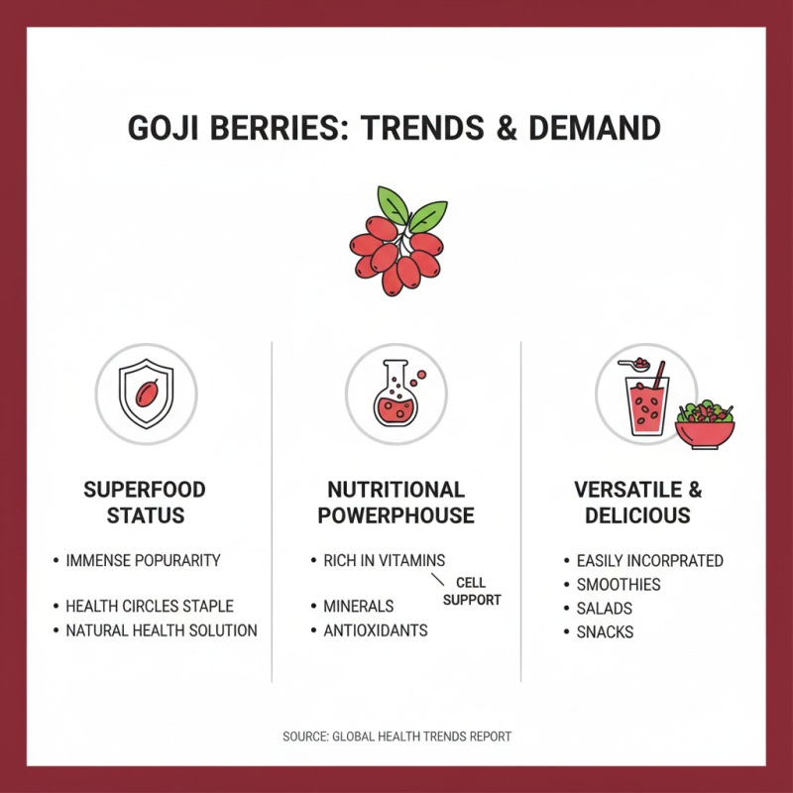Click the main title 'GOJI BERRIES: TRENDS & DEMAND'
[x=395, y=129]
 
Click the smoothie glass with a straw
[x=650, y=406]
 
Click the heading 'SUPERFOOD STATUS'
[x=145, y=503]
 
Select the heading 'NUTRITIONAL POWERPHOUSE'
[x=396, y=503]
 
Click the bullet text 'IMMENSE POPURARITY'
[x=143, y=561]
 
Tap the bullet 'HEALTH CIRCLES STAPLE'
[x=150, y=607]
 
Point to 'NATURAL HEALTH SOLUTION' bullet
[x=161, y=630]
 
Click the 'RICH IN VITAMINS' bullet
[x=384, y=561]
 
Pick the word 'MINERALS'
[x=358, y=607]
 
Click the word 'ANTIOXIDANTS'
[x=375, y=630]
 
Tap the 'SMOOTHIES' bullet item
[x=619, y=585]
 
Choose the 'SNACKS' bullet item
[x=605, y=632]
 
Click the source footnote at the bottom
[x=396, y=736]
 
